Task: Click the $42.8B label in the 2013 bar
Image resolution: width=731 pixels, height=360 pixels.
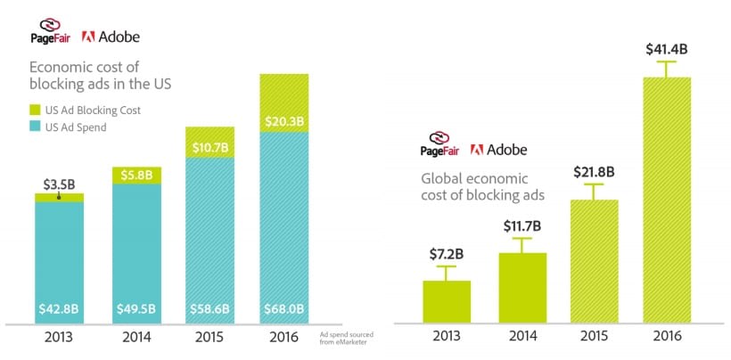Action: [59, 310]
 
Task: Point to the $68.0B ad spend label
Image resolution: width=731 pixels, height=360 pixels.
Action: [284, 310]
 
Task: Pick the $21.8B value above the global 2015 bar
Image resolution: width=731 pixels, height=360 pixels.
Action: [592, 171]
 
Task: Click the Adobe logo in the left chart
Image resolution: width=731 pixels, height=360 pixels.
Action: [111, 37]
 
